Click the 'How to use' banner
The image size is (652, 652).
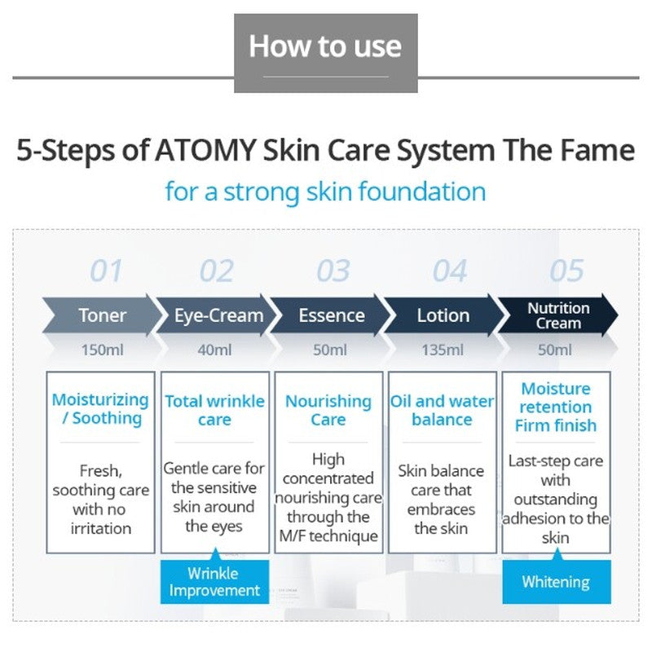pos(325,53)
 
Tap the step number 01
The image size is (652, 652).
pos(106,271)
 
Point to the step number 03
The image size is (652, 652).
pos(333,271)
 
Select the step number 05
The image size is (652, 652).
pos(566,271)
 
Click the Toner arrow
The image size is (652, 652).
pos(102,315)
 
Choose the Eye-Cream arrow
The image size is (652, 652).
pos(216,315)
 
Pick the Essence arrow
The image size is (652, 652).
pos(331,315)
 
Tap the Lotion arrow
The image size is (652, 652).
pos(443,315)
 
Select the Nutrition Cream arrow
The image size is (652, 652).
pos(558,315)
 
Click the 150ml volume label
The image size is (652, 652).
pos(103,350)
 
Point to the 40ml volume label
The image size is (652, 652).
pos(214,350)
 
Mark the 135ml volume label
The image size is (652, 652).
pos(443,350)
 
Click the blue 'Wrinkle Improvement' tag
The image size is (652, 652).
pos(214,581)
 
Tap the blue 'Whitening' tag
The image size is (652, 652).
pos(557,581)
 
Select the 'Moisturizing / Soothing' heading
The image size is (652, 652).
pos(100,409)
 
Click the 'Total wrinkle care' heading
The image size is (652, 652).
pos(214,411)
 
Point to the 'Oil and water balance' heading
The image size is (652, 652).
pos(442,411)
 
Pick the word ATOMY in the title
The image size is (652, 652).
pos(205,150)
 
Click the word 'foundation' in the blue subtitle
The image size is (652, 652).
pos(422,192)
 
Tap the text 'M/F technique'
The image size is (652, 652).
pos(328,536)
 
